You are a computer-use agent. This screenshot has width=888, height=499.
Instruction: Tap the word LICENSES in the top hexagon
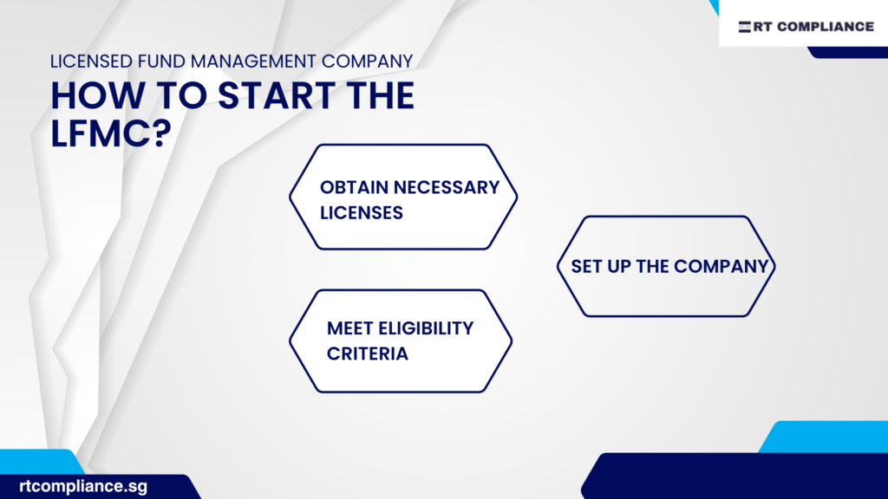362,212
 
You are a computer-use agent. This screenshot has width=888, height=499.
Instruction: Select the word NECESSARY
448,187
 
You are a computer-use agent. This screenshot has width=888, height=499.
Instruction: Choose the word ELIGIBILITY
431,328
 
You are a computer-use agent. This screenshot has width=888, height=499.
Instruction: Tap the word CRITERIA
368,353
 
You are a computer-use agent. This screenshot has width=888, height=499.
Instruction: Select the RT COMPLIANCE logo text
813,27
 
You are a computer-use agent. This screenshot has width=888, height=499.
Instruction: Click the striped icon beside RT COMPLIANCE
745,27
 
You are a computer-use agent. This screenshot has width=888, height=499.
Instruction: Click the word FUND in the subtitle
159,62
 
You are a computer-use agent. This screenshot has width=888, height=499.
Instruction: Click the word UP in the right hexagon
619,266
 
